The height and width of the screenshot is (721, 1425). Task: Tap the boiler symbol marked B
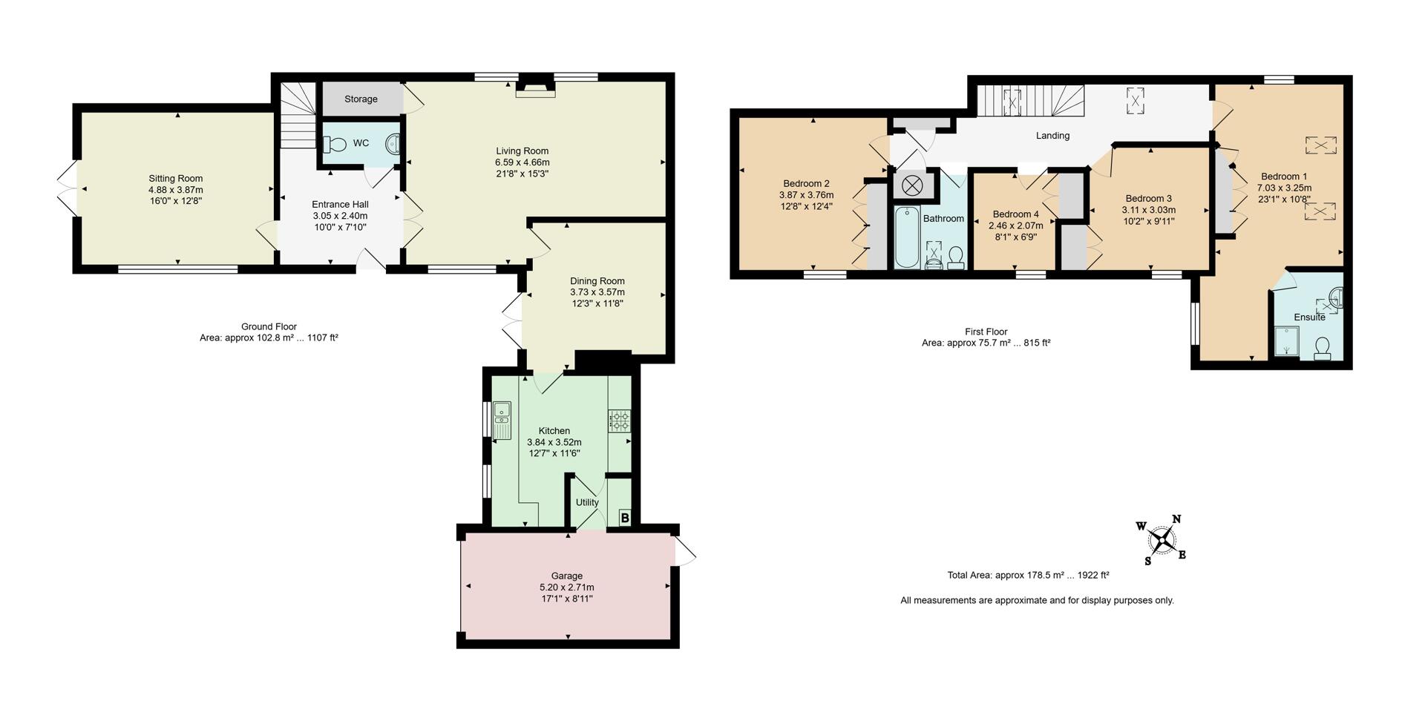[625, 518]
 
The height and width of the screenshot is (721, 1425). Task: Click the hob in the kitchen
[620, 422]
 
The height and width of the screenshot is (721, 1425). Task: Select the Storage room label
[361, 99]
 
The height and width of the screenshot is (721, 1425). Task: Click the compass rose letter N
[1176, 519]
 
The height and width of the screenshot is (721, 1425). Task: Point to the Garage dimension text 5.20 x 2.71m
[567, 587]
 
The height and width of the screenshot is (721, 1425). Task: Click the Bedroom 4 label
[1015, 214]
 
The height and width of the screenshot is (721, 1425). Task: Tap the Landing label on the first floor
[1052, 136]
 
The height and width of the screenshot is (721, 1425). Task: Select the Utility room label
[587, 502]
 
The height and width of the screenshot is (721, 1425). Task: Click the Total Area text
[1028, 575]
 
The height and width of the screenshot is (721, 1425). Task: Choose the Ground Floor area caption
[269, 332]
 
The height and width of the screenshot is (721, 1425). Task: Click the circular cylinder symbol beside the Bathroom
[912, 185]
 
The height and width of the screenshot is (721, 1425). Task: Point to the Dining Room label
[597, 281]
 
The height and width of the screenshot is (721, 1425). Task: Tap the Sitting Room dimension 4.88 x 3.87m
[176, 189]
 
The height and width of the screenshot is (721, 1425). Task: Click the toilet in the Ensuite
[1323, 348]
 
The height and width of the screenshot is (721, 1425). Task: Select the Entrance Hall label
[340, 205]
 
